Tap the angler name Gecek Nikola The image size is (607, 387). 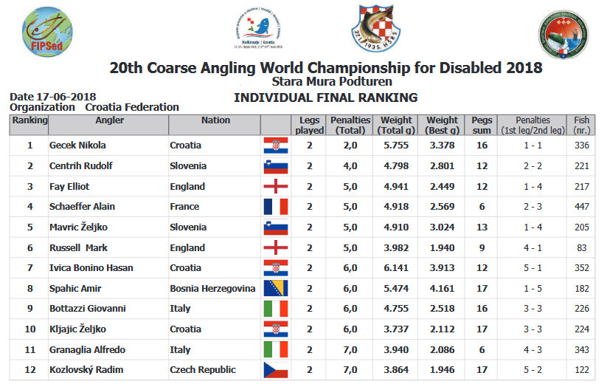[x=77, y=145]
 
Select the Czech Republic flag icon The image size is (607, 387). [x=275, y=370]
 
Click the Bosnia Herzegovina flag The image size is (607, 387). [x=275, y=288]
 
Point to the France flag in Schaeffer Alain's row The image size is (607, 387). [x=275, y=207]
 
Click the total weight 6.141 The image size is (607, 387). [x=395, y=268]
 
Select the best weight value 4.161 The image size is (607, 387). [x=441, y=288]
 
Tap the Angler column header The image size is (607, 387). [x=110, y=120]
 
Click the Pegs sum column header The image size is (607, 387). [x=482, y=125]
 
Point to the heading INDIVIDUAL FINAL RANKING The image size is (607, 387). [x=325, y=97]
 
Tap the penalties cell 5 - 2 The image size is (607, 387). [x=532, y=370]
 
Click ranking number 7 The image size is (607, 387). [x=30, y=268]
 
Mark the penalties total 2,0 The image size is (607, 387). [x=350, y=145]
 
